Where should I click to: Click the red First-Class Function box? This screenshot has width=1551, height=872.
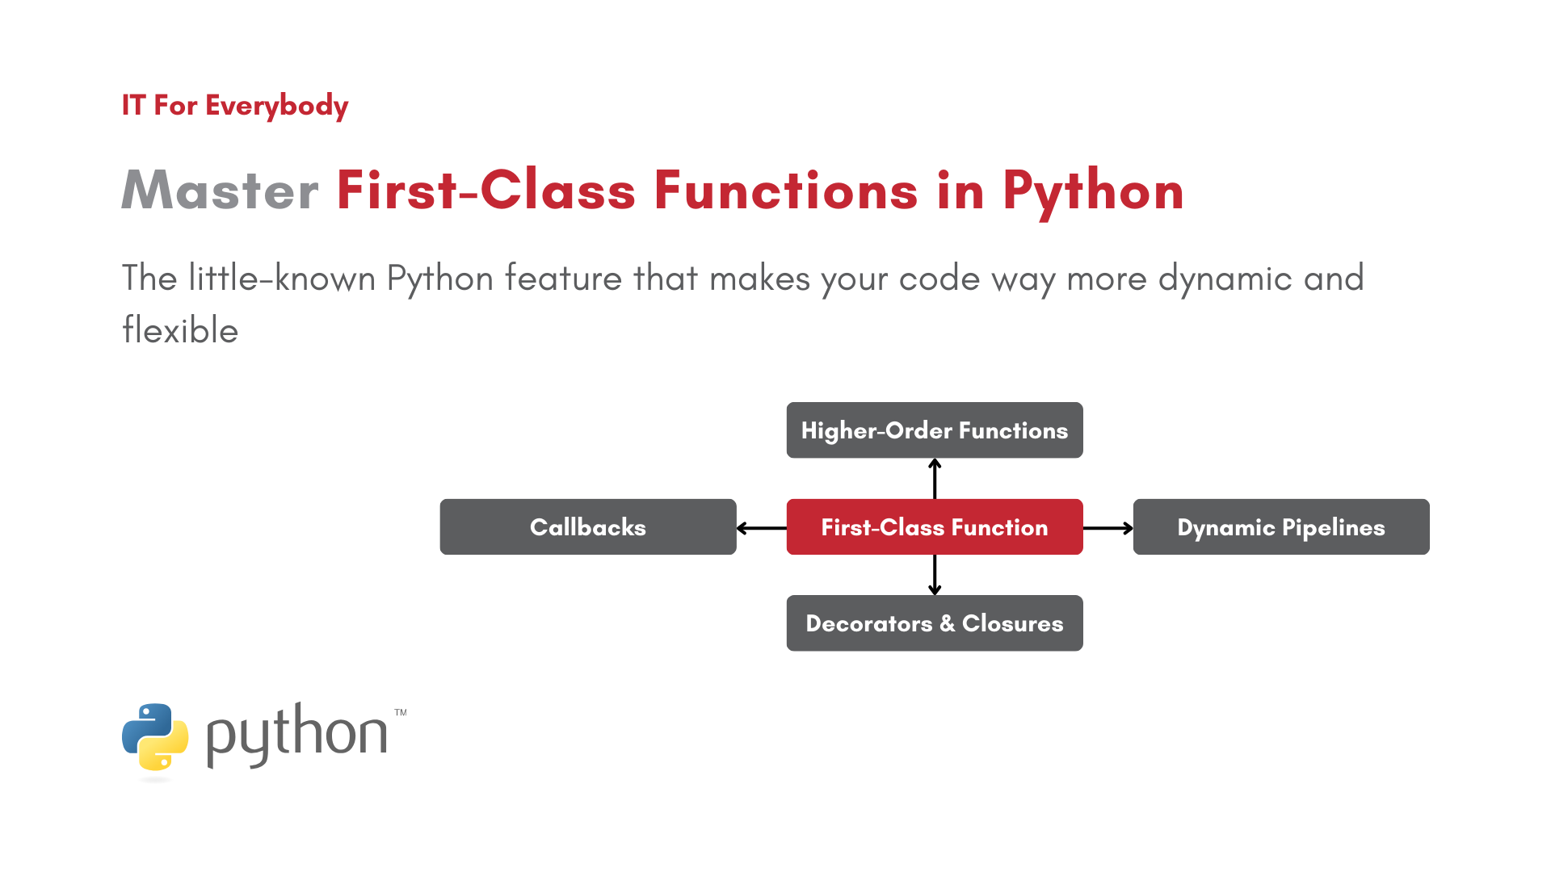pyautogui.click(x=934, y=526)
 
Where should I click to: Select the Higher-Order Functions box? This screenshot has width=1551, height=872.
pyautogui.click(x=934, y=430)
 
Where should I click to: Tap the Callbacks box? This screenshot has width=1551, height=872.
pyautogui.click(x=587, y=526)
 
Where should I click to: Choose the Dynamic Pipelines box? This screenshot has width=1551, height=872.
pyautogui.click(x=1280, y=526)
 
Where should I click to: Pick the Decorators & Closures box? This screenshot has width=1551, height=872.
pyautogui.click(x=934, y=623)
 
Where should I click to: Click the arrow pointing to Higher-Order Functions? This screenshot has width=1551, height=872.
pyautogui.click(x=935, y=479)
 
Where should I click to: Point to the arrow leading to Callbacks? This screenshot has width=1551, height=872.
pyautogui.click(x=761, y=528)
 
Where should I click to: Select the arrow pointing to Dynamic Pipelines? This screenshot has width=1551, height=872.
pyautogui.click(x=1108, y=528)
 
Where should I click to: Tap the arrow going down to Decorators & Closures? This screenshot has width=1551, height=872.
pyautogui.click(x=935, y=575)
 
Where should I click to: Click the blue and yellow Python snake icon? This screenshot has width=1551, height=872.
pyautogui.click(x=155, y=736)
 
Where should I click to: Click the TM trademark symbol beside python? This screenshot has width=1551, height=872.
pyautogui.click(x=401, y=713)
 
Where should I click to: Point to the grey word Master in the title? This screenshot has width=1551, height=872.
pyautogui.click(x=220, y=191)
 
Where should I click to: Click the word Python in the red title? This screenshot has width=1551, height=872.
pyautogui.click(x=1093, y=191)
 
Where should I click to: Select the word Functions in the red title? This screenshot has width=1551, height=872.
pyautogui.click(x=785, y=191)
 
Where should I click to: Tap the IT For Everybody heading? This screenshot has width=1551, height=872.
pyautogui.click(x=235, y=105)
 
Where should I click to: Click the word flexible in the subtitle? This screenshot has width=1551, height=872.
pyautogui.click(x=180, y=331)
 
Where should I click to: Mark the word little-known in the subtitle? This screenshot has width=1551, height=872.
pyautogui.click(x=282, y=279)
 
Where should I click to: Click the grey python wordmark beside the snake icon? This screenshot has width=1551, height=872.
pyautogui.click(x=297, y=735)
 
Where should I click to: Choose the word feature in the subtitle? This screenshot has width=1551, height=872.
pyautogui.click(x=563, y=279)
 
